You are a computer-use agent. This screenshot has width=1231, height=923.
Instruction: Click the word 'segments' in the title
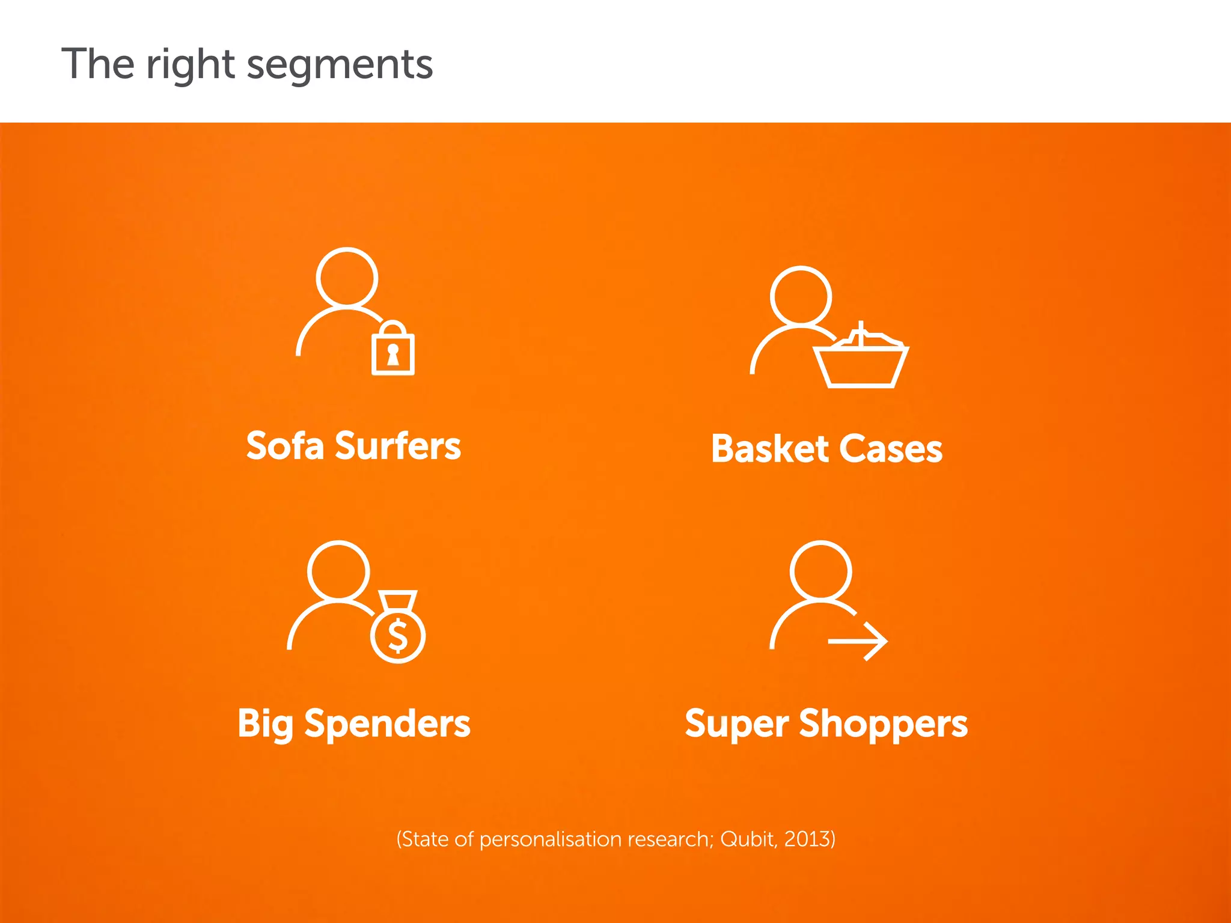click(340, 65)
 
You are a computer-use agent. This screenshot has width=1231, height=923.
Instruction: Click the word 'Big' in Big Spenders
click(264, 723)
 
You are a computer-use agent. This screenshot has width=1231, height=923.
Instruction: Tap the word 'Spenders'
click(387, 723)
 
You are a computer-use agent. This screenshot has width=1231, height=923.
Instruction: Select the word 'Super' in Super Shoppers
click(736, 723)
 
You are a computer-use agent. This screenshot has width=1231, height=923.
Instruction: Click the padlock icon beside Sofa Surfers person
click(393, 350)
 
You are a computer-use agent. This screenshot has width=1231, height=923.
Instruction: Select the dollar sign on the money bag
click(398, 636)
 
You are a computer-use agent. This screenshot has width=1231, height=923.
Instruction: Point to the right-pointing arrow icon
click(858, 641)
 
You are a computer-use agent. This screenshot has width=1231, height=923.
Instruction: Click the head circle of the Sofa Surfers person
click(347, 278)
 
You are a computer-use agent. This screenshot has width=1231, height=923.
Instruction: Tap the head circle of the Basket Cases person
click(801, 296)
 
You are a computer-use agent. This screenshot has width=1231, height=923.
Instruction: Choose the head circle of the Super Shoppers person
click(820, 571)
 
